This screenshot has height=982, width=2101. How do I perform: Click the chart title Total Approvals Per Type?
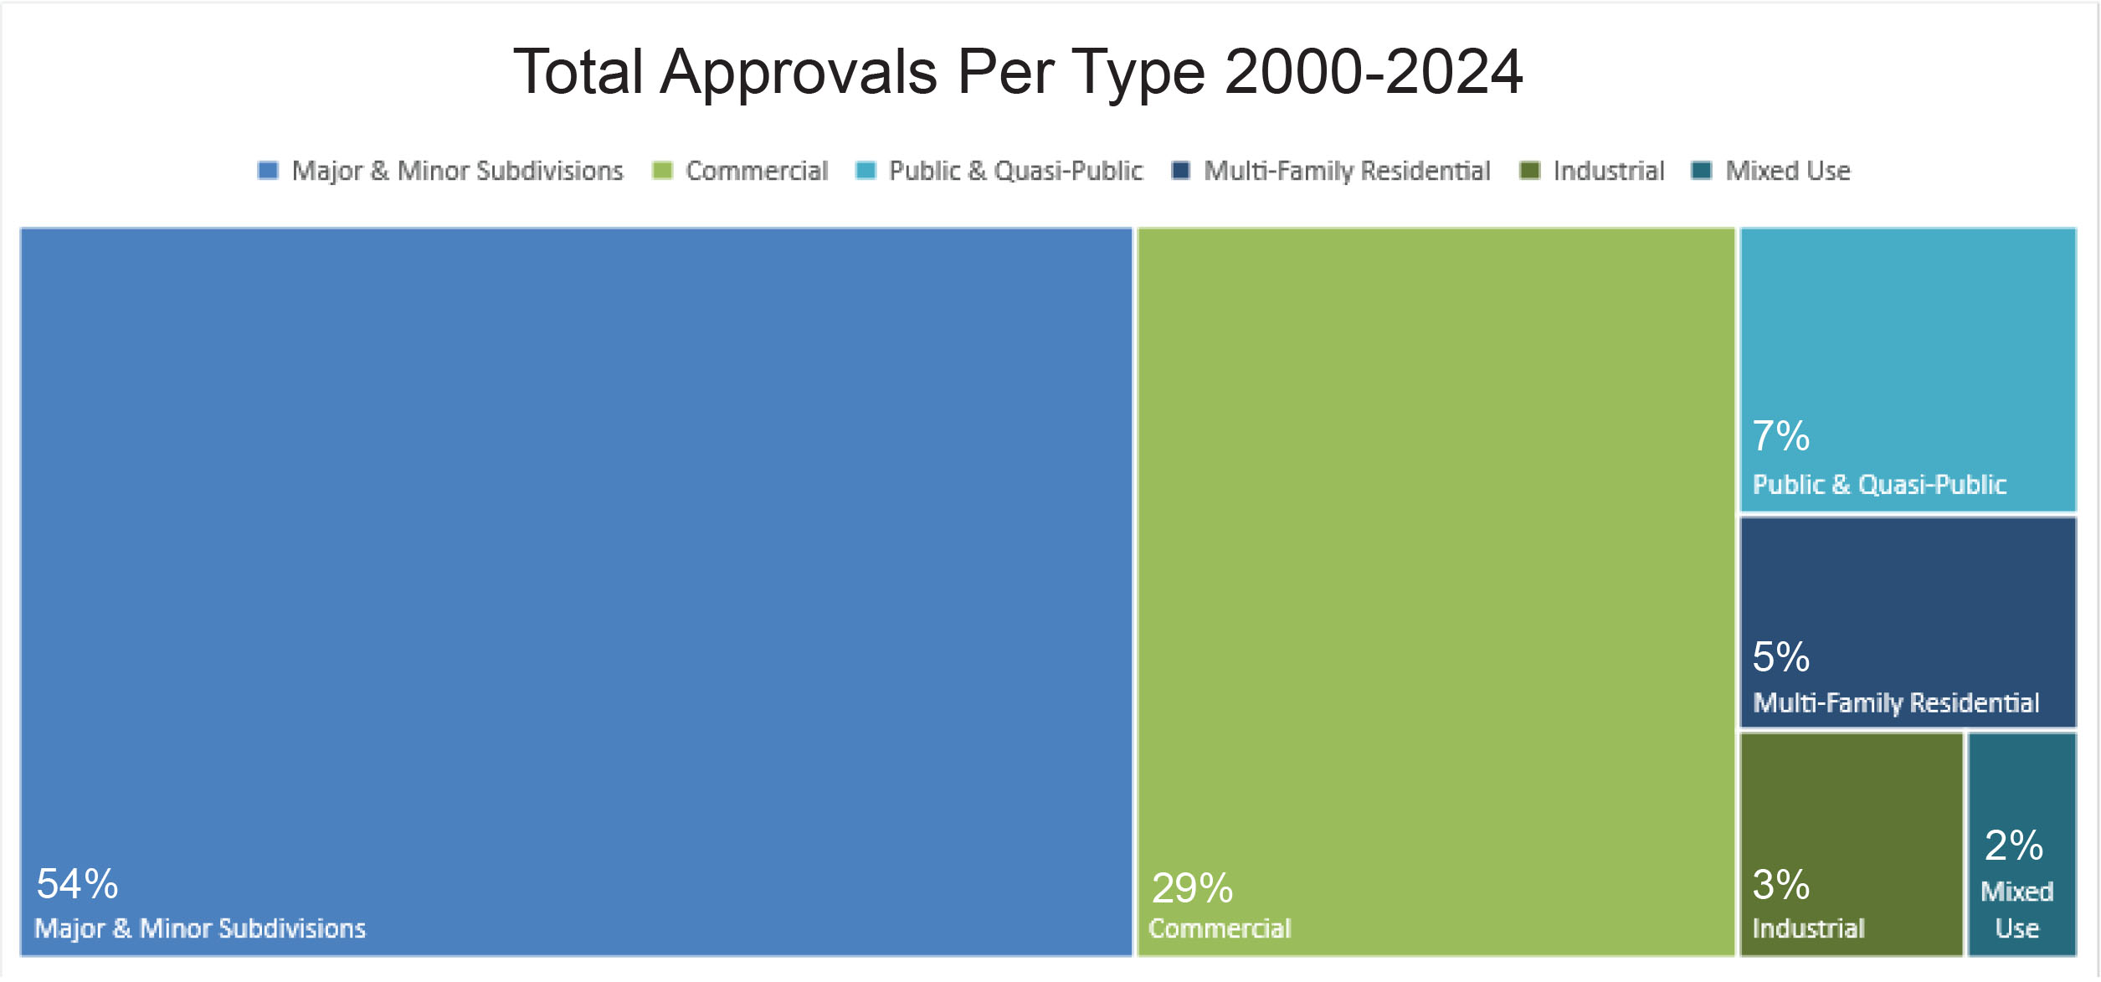(1016, 72)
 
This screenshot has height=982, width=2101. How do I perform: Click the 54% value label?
(77, 884)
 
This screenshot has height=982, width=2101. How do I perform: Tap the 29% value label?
(1192, 888)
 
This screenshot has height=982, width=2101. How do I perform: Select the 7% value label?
(1780, 436)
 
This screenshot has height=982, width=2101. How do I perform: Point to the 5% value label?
(1780, 657)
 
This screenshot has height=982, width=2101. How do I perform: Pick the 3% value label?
(1780, 885)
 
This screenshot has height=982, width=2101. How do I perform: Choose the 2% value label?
(2013, 846)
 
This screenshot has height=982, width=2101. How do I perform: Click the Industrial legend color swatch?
(1529, 171)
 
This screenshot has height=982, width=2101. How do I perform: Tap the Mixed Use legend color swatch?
(1701, 171)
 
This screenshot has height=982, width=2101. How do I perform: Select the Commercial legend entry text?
(757, 171)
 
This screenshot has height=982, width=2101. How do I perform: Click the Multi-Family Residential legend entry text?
(1347, 171)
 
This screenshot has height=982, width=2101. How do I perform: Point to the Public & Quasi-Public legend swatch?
(866, 171)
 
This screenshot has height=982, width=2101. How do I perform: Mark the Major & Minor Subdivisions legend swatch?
(268, 171)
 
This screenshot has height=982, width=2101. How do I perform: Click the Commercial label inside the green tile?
(1220, 928)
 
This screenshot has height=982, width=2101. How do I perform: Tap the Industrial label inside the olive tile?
(1808, 928)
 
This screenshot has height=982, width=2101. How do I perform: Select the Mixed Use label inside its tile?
(2016, 910)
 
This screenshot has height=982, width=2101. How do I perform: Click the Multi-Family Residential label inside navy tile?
(1895, 703)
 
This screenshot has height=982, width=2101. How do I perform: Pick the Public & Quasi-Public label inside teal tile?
(1879, 485)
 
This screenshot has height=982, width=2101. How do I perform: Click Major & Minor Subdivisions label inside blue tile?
(200, 928)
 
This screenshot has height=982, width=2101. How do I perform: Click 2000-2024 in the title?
(1373, 72)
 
